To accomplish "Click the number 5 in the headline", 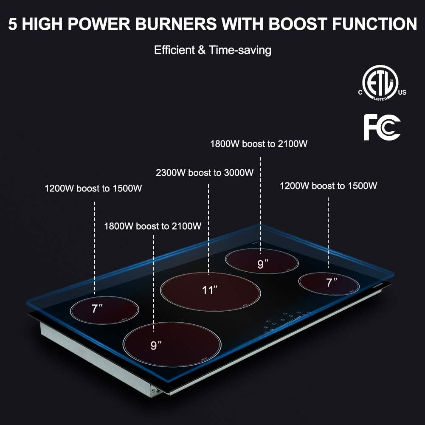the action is tap(13, 24).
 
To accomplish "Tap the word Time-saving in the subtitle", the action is tap(240, 50).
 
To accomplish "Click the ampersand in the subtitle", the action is tap(202, 50).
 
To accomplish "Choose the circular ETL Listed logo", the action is tap(379, 84).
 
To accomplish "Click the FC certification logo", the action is tap(382, 127).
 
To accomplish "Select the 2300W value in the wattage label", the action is tap(171, 173).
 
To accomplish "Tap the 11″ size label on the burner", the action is tap(210, 290).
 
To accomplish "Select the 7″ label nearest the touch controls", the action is tap(332, 282).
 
